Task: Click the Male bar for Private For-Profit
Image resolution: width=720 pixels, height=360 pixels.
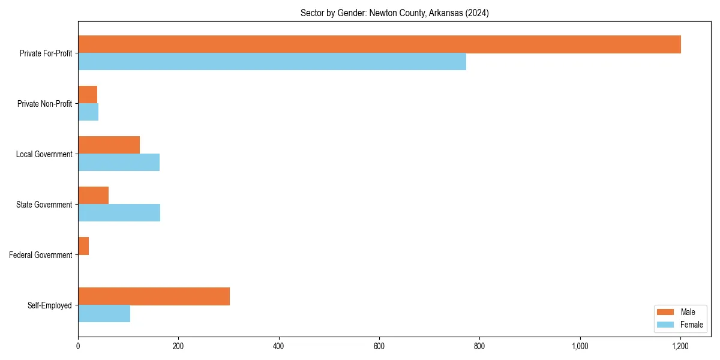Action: [x=379, y=44]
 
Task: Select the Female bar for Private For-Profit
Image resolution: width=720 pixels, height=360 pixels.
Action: [x=272, y=61]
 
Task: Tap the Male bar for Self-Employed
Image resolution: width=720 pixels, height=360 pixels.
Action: [x=154, y=296]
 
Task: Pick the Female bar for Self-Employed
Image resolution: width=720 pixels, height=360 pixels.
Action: [x=104, y=313]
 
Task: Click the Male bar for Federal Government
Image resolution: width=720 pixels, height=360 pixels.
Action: [x=83, y=246]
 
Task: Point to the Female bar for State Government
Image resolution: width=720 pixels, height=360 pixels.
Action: [x=119, y=213]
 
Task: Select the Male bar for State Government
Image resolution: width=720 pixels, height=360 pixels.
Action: [x=93, y=196]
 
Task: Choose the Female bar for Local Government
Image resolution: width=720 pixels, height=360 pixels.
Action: [x=119, y=163]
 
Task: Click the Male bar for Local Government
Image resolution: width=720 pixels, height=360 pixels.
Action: [x=109, y=145]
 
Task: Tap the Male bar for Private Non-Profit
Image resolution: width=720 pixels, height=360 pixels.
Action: [x=88, y=95]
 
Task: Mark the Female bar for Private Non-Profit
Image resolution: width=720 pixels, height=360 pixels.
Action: [x=88, y=112]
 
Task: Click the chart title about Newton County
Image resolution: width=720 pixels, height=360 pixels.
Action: [x=394, y=13]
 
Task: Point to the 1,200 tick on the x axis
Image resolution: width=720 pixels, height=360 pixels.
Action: [x=680, y=346]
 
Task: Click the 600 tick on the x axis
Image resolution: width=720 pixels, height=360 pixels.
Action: [x=379, y=346]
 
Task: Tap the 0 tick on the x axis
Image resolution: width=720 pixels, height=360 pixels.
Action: [x=78, y=346]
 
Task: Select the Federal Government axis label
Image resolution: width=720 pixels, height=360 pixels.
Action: [x=41, y=255]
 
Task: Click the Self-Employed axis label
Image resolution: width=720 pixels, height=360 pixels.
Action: [x=50, y=305]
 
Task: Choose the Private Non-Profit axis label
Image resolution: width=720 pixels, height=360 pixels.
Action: [x=44, y=104]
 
